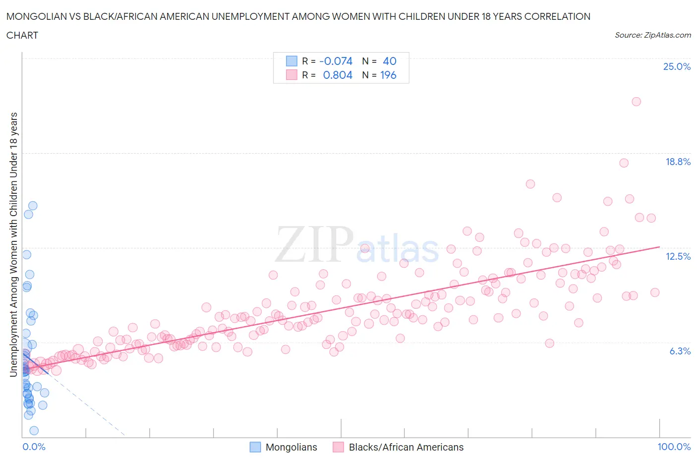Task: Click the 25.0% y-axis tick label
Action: (677, 66)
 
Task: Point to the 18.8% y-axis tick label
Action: (678, 162)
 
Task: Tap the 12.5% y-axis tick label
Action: (678, 256)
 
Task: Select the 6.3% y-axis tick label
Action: (680, 351)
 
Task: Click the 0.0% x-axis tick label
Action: (34, 447)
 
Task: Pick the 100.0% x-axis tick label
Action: (674, 447)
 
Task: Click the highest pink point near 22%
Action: (636, 102)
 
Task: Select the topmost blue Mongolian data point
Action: (33, 206)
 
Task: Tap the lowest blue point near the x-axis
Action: (34, 431)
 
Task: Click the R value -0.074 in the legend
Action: (336, 61)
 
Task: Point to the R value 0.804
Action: (338, 75)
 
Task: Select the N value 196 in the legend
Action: (388, 75)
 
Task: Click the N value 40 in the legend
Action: (390, 61)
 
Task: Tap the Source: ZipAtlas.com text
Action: (652, 35)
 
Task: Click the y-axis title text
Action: (14, 244)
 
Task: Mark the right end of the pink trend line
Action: (660, 246)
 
